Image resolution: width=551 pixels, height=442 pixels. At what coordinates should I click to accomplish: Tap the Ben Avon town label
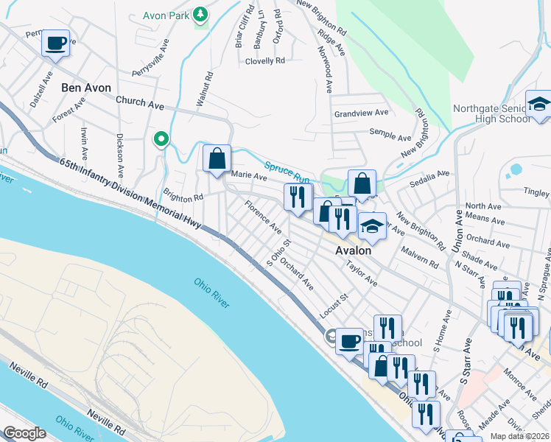click(86, 88)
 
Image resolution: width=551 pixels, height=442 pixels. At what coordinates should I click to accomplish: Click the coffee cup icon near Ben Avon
click(55, 43)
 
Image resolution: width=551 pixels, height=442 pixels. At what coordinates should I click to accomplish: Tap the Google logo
click(24, 433)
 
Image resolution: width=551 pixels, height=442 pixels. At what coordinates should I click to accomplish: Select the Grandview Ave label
click(361, 113)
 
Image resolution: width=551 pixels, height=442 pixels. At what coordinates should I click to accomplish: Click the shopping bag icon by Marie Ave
click(217, 158)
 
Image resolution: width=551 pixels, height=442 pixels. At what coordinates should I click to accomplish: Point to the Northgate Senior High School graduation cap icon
click(539, 104)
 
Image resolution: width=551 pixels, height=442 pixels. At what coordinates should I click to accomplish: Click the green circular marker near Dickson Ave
click(160, 138)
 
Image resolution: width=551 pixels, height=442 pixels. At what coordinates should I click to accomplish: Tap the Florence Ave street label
click(264, 217)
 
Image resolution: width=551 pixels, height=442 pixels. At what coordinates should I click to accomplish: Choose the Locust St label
click(333, 306)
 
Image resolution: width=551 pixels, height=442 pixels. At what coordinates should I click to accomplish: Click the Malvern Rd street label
click(420, 256)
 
